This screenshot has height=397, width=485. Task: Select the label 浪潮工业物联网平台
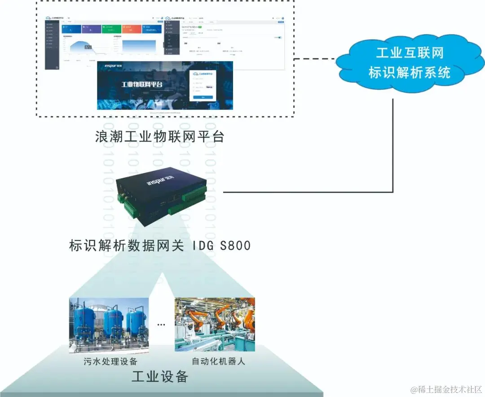tap(159, 136)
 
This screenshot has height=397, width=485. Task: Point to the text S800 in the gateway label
tap(233, 246)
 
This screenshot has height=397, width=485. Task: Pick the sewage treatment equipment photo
tap(109, 324)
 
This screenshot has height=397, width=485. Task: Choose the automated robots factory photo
tap(215, 324)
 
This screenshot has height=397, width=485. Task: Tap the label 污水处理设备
tap(110, 361)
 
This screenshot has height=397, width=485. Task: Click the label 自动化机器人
tap(218, 361)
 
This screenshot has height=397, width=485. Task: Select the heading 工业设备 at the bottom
tap(159, 377)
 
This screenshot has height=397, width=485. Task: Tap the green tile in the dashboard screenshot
tap(111, 29)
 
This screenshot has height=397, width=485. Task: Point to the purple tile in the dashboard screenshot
tap(91, 29)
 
